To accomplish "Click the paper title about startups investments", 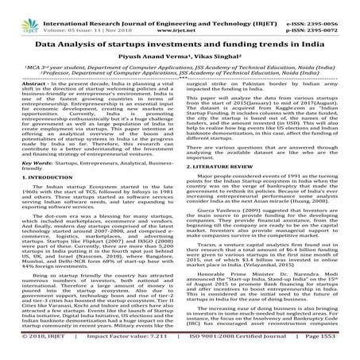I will [180, 32].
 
